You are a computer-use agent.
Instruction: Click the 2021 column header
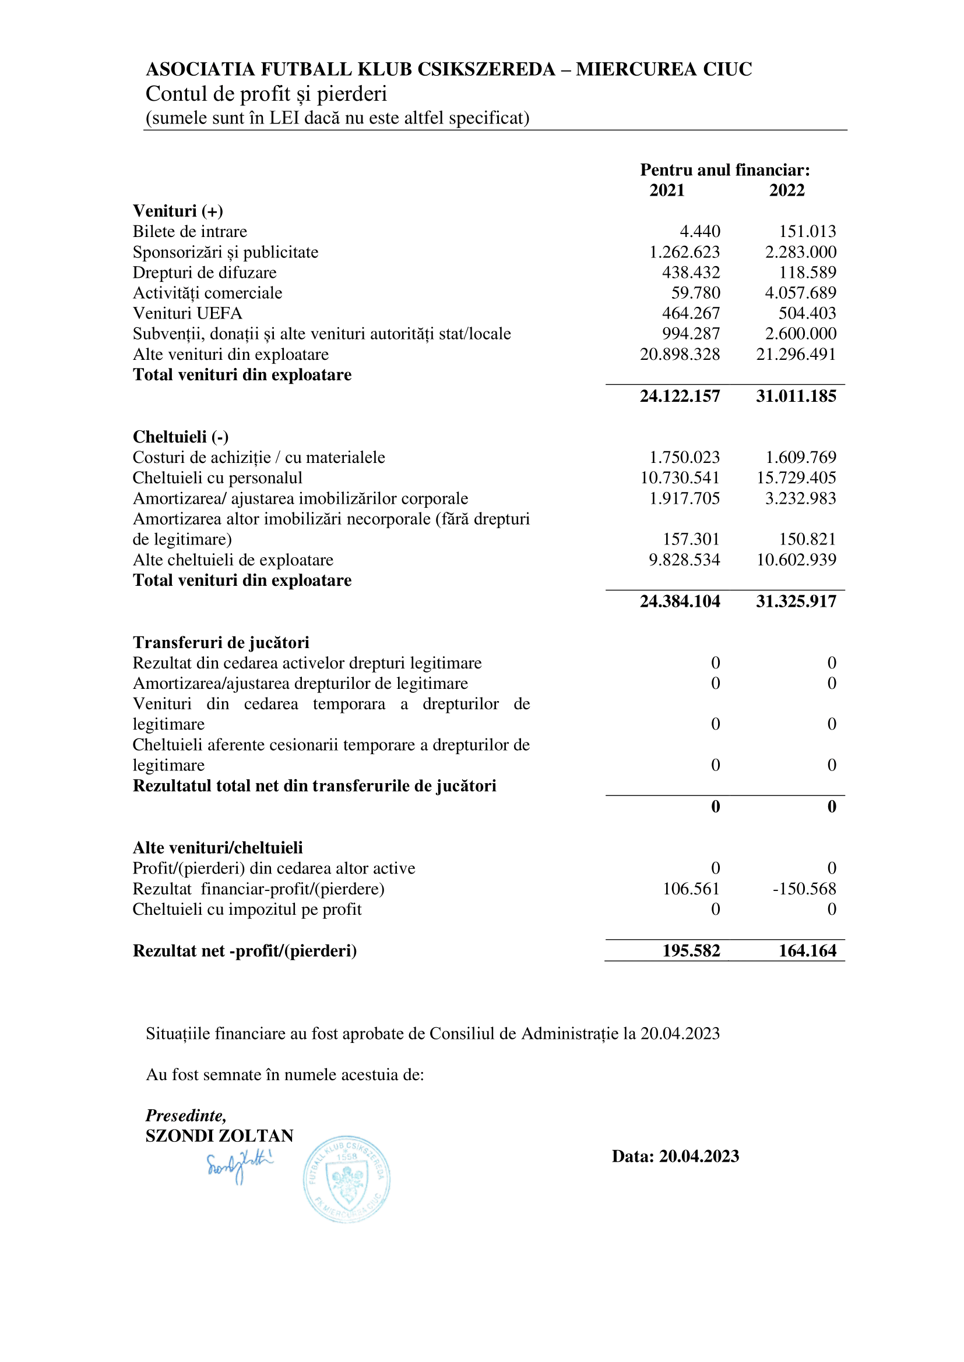667,190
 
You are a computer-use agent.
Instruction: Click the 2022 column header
786,190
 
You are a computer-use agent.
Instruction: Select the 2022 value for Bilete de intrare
807,231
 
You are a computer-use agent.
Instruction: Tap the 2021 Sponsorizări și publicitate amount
684,252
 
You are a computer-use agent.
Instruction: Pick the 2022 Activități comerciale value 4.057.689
800,293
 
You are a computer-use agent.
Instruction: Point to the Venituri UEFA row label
187,313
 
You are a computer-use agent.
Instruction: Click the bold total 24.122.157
680,397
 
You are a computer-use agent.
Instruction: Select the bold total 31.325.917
796,602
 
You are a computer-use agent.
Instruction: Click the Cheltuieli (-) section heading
181,437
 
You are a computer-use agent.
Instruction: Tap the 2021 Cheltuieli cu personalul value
680,478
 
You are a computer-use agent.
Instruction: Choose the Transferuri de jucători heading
221,643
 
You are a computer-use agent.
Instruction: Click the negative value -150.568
804,889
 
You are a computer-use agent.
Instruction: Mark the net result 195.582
691,951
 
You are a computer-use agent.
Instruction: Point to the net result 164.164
807,951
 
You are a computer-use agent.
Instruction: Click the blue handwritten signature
238,1167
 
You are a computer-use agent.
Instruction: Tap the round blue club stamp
347,1179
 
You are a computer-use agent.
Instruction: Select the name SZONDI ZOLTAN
220,1136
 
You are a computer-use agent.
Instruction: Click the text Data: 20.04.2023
675,1157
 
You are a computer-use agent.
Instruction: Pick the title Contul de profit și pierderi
266,94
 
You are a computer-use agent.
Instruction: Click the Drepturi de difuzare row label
204,273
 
